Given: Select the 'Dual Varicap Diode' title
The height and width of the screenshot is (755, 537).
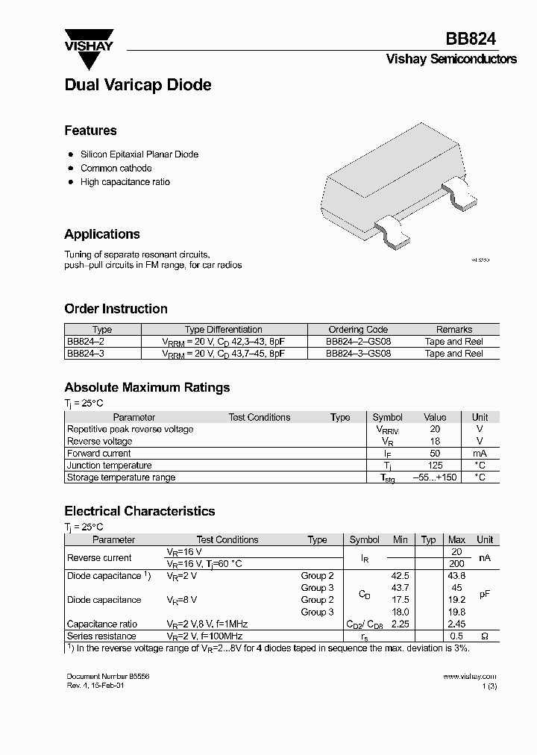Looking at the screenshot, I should tap(138, 85).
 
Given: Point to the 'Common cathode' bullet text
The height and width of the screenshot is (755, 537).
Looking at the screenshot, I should tap(116, 168).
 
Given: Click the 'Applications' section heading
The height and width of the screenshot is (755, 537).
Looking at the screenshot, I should tap(102, 234).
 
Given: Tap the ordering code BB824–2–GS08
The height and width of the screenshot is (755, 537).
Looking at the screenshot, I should tap(358, 341).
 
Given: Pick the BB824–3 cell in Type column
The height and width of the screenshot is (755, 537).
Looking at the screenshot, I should tap(86, 353).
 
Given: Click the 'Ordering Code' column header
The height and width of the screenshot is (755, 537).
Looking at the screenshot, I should tap(358, 329).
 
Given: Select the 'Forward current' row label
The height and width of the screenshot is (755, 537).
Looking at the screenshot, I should tap(99, 453).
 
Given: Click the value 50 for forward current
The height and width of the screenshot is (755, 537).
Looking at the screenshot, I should tap(435, 453).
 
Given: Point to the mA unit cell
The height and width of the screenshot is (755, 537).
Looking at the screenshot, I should tap(480, 453).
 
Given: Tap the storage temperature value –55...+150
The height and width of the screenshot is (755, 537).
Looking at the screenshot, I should tap(435, 477).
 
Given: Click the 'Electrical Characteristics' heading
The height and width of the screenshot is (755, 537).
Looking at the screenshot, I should tap(139, 511).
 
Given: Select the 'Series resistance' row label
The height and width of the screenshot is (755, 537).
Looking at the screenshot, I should tap(101, 636).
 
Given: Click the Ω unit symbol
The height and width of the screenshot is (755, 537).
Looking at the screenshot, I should tap(485, 636).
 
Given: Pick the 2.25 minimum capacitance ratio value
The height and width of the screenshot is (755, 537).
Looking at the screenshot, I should tap(401, 624).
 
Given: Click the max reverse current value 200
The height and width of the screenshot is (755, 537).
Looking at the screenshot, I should tap(456, 564).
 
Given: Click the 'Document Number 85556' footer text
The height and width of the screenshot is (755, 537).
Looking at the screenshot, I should tap(102, 676).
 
